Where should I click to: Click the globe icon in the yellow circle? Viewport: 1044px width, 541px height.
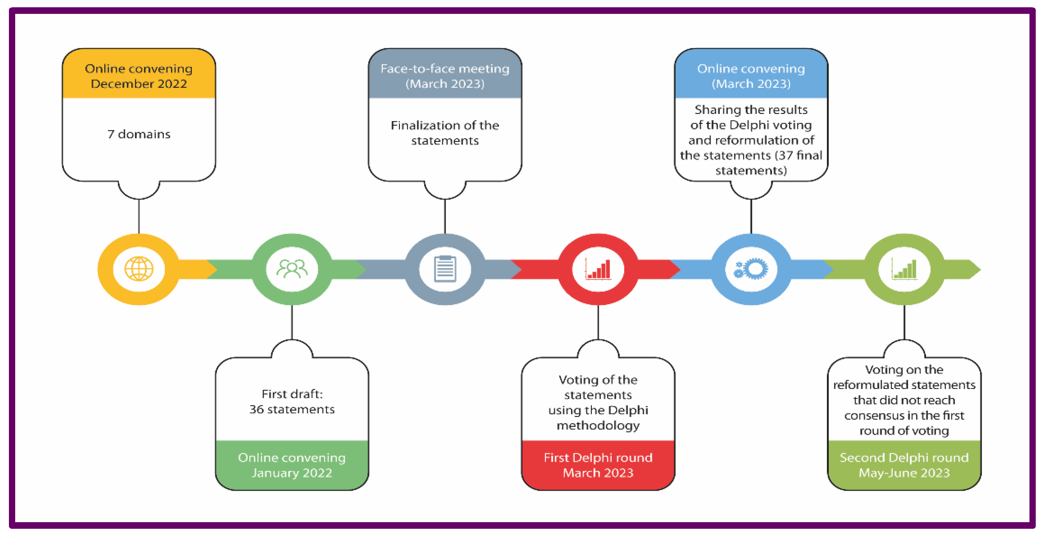click(x=139, y=269)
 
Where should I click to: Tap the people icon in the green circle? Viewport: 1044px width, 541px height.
click(x=292, y=269)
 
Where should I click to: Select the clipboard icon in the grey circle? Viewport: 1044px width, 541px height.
click(x=445, y=269)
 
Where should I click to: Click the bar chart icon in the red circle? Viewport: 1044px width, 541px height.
click(x=598, y=269)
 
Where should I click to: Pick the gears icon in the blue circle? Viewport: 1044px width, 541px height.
click(x=751, y=269)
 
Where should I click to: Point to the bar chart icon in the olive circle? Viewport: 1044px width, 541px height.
click(x=904, y=269)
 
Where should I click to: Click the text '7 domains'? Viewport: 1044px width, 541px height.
click(x=139, y=134)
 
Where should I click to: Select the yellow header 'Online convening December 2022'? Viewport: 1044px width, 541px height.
click(x=139, y=76)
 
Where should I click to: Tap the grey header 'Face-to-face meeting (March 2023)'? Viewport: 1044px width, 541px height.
click(x=445, y=76)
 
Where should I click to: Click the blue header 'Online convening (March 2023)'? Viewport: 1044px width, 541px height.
click(x=751, y=76)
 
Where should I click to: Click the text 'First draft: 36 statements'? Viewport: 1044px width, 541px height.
click(x=292, y=402)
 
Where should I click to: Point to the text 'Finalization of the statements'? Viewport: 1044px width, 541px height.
click(x=445, y=133)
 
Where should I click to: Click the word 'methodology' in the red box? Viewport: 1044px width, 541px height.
click(x=598, y=425)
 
